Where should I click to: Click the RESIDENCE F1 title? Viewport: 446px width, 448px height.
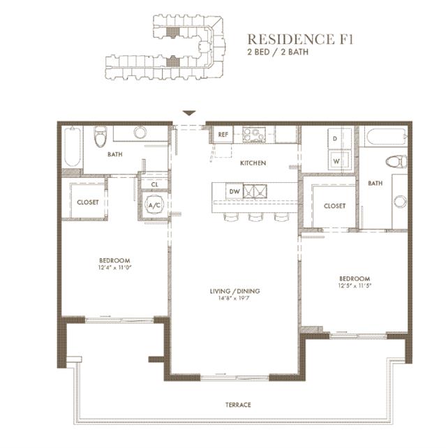(300, 39)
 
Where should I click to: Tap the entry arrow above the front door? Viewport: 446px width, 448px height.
(189, 113)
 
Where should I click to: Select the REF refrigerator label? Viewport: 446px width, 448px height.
(223, 134)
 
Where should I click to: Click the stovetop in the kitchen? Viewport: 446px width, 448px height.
(254, 135)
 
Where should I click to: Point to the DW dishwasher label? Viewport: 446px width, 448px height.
(235, 191)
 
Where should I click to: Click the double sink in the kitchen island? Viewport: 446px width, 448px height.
(255, 191)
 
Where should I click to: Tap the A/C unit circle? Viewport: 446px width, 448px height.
(154, 205)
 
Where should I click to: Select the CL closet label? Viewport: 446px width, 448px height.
(154, 184)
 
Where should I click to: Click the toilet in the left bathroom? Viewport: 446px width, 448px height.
(101, 137)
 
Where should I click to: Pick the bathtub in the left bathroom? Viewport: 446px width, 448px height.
(73, 147)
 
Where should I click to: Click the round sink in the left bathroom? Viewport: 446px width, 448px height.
(140, 133)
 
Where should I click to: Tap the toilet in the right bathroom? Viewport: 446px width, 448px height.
(396, 162)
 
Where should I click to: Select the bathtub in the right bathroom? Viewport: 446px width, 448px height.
(386, 137)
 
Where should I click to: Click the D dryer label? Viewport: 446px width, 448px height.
(335, 139)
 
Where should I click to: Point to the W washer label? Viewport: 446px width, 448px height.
(336, 161)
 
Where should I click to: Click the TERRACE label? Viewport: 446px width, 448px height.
(238, 405)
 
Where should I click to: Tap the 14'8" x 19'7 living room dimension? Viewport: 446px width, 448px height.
(235, 299)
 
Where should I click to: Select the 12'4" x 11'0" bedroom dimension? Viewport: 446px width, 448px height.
(114, 268)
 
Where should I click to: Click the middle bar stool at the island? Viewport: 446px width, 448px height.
(255, 217)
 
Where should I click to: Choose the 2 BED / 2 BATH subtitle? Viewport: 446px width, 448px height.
(278, 52)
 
